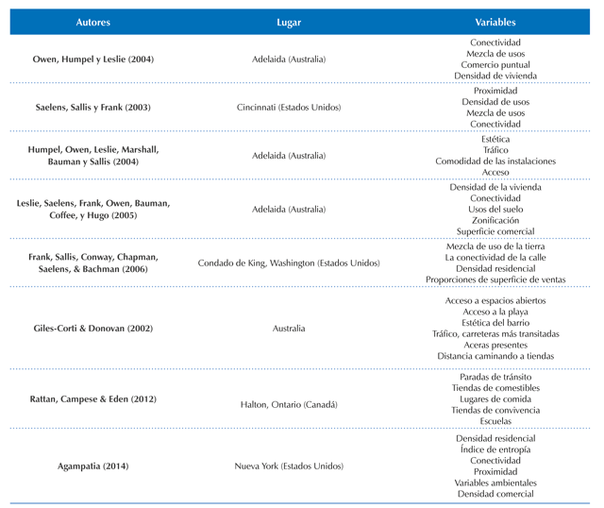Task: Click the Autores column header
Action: (x=92, y=23)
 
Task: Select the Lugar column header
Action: (x=289, y=23)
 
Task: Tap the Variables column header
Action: (x=495, y=23)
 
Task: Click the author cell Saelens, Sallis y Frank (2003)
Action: (x=92, y=107)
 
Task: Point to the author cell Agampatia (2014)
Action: (x=92, y=466)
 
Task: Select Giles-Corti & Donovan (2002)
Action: (x=92, y=329)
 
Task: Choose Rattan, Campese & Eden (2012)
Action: (x=92, y=398)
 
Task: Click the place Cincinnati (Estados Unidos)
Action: (x=289, y=107)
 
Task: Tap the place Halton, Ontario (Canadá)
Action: (x=289, y=405)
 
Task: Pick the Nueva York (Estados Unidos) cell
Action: (x=289, y=466)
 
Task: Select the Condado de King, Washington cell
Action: (x=289, y=262)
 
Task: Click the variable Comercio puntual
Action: (x=495, y=65)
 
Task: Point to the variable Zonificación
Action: (x=495, y=220)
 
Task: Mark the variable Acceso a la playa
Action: (x=495, y=312)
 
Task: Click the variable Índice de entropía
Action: (x=495, y=449)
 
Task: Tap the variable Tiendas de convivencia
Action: (x=495, y=410)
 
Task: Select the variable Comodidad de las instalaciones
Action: (x=495, y=161)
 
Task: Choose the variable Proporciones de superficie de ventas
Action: (x=495, y=279)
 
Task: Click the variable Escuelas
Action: (x=495, y=421)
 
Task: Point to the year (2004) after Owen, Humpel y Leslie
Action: (x=141, y=59)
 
